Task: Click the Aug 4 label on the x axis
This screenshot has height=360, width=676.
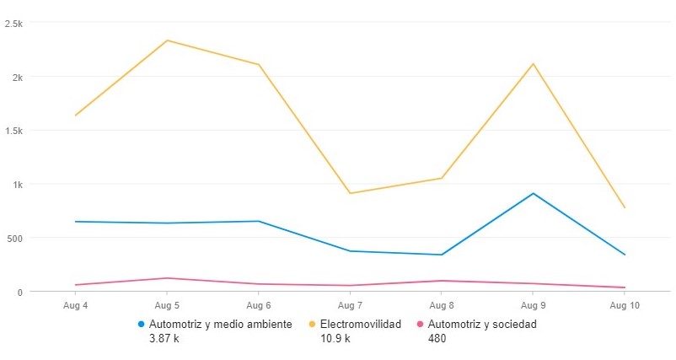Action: pos(75,305)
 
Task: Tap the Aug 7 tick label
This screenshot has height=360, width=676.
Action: pos(350,305)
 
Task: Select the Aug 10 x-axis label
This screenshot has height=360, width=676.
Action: pos(624,305)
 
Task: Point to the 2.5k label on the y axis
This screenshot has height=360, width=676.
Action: pos(13,24)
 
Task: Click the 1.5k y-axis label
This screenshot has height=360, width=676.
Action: pos(13,131)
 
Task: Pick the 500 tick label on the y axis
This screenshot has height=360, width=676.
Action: pos(13,238)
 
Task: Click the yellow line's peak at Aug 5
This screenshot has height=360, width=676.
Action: pos(167,40)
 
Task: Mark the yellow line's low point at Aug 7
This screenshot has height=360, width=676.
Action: pos(350,193)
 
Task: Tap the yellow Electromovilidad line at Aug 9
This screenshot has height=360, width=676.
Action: pos(533,64)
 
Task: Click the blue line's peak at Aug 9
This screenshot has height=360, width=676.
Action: pos(533,193)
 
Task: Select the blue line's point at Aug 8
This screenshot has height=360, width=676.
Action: pos(441,255)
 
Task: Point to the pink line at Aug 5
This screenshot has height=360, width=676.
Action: pos(167,278)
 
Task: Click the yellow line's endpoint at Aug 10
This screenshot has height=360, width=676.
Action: pos(624,207)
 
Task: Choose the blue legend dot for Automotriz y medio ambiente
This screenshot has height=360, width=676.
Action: pos(141,324)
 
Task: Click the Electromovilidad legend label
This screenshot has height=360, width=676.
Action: pos(360,324)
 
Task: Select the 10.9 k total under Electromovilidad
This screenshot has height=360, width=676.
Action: pos(335,339)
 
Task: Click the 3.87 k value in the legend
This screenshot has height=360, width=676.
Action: pos(164,339)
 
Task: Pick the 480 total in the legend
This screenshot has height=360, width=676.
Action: pos(437,339)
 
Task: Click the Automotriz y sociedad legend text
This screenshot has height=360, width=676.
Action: pos(482,324)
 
